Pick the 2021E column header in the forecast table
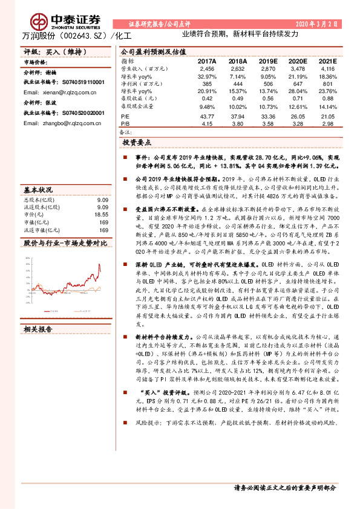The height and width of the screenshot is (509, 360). point(327,61)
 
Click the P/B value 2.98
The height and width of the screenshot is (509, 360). point(327,123)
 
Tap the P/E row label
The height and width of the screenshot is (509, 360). point(125,116)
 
